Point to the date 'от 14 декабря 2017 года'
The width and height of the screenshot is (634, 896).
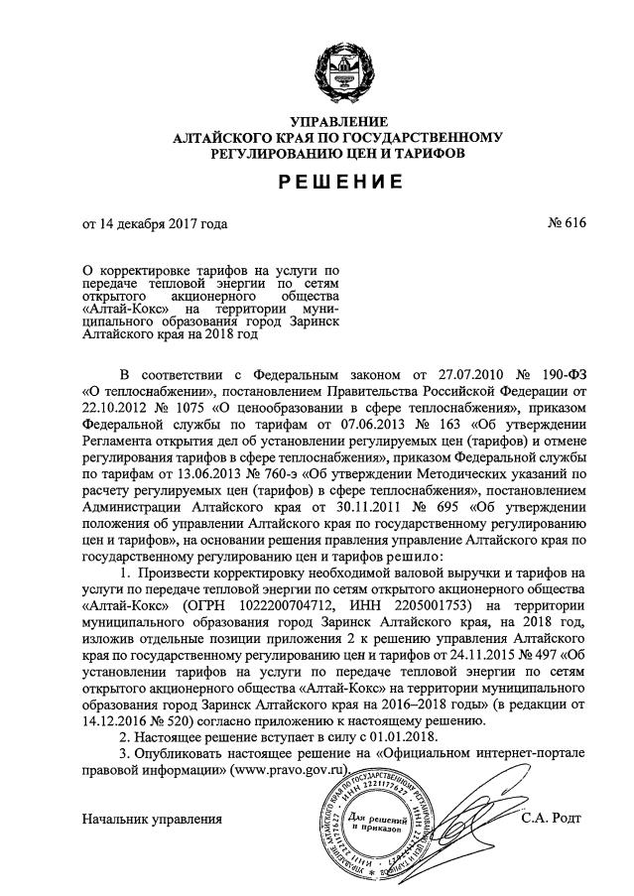[x=155, y=223]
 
